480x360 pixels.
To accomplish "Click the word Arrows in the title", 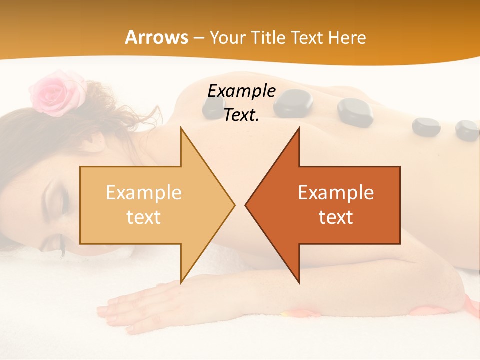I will (157, 38).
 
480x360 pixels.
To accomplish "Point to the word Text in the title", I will (308, 38).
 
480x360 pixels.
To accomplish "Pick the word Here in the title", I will (348, 38).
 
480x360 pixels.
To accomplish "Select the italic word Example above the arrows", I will (241, 91).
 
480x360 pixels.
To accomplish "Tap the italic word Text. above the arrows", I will (241, 115).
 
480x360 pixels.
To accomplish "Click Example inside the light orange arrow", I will (144, 192).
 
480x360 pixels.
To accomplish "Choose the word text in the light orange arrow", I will (144, 217).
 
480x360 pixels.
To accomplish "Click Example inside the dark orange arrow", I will (336, 192).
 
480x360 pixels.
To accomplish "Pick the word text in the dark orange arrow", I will (336, 217).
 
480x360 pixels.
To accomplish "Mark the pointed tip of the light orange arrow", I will (234, 205).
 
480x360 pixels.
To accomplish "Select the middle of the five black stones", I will (355, 111).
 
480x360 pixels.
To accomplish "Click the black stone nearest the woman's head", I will (213, 107).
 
